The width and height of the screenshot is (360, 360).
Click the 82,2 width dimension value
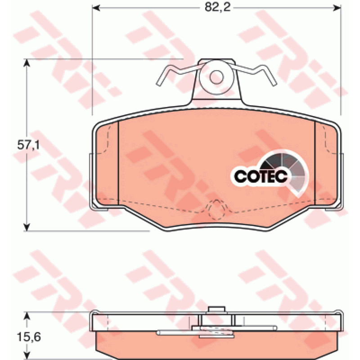[x=217, y=8]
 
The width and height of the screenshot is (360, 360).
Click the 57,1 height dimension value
[x=28, y=145]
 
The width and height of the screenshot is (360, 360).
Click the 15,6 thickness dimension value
[x=29, y=337]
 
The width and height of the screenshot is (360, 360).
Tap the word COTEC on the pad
[x=261, y=176]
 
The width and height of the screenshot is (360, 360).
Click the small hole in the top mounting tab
[x=216, y=77]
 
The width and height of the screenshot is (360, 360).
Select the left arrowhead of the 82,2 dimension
[x=96, y=8]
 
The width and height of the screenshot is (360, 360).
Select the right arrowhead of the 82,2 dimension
[x=337, y=8]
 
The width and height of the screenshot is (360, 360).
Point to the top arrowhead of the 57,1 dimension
[x=27, y=63]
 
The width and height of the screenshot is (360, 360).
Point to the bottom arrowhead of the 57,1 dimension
[x=27, y=227]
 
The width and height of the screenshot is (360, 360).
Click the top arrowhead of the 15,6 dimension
[x=27, y=316]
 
